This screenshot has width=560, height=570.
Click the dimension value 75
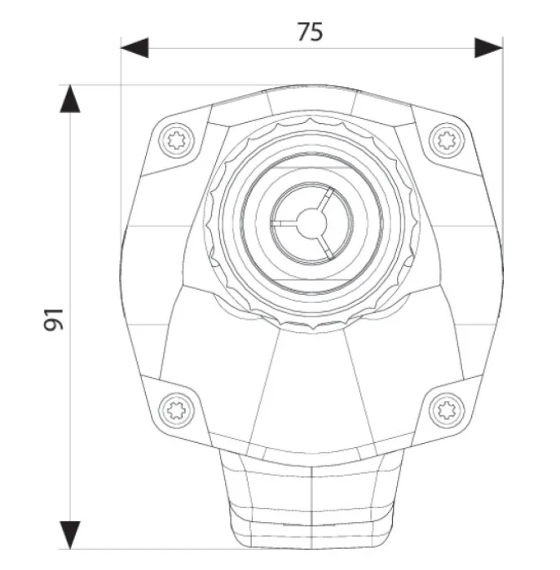(x=310, y=32)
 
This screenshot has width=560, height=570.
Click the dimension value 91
(x=54, y=320)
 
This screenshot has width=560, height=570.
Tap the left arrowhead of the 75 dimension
(x=134, y=47)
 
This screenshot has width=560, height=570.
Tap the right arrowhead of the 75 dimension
(x=489, y=47)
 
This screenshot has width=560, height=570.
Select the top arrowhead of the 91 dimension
(x=70, y=99)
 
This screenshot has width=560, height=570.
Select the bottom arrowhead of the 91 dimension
(x=70, y=535)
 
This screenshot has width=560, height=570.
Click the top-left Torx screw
(x=177, y=140)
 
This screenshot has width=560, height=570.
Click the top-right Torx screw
(x=447, y=140)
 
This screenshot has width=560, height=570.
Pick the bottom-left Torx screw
(x=177, y=410)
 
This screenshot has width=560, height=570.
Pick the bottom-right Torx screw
(x=447, y=410)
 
